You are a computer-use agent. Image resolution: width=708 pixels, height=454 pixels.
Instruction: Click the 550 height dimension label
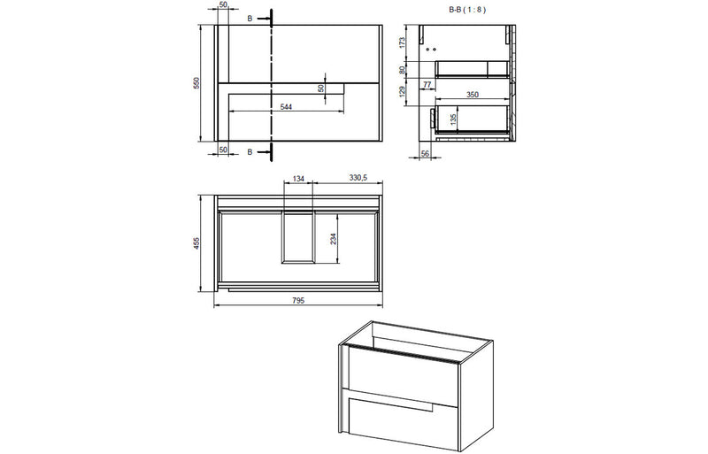click(198, 82)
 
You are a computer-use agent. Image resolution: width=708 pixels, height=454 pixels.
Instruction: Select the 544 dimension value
click(287, 106)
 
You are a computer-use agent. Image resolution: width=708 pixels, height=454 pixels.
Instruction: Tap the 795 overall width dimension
click(298, 301)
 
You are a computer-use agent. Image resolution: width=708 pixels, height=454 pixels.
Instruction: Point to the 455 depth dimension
click(199, 242)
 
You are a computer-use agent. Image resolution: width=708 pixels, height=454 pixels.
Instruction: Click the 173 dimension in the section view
click(402, 42)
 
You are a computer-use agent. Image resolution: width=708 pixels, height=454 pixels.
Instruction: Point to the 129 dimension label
click(402, 92)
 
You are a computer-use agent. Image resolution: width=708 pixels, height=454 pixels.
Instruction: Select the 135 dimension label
click(454, 117)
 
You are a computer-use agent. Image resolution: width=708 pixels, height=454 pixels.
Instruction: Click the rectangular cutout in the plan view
click(298, 238)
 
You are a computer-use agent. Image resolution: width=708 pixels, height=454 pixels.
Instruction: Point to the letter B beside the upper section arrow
click(250, 17)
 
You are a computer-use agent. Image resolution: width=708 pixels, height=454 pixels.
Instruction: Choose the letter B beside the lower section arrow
click(250, 152)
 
